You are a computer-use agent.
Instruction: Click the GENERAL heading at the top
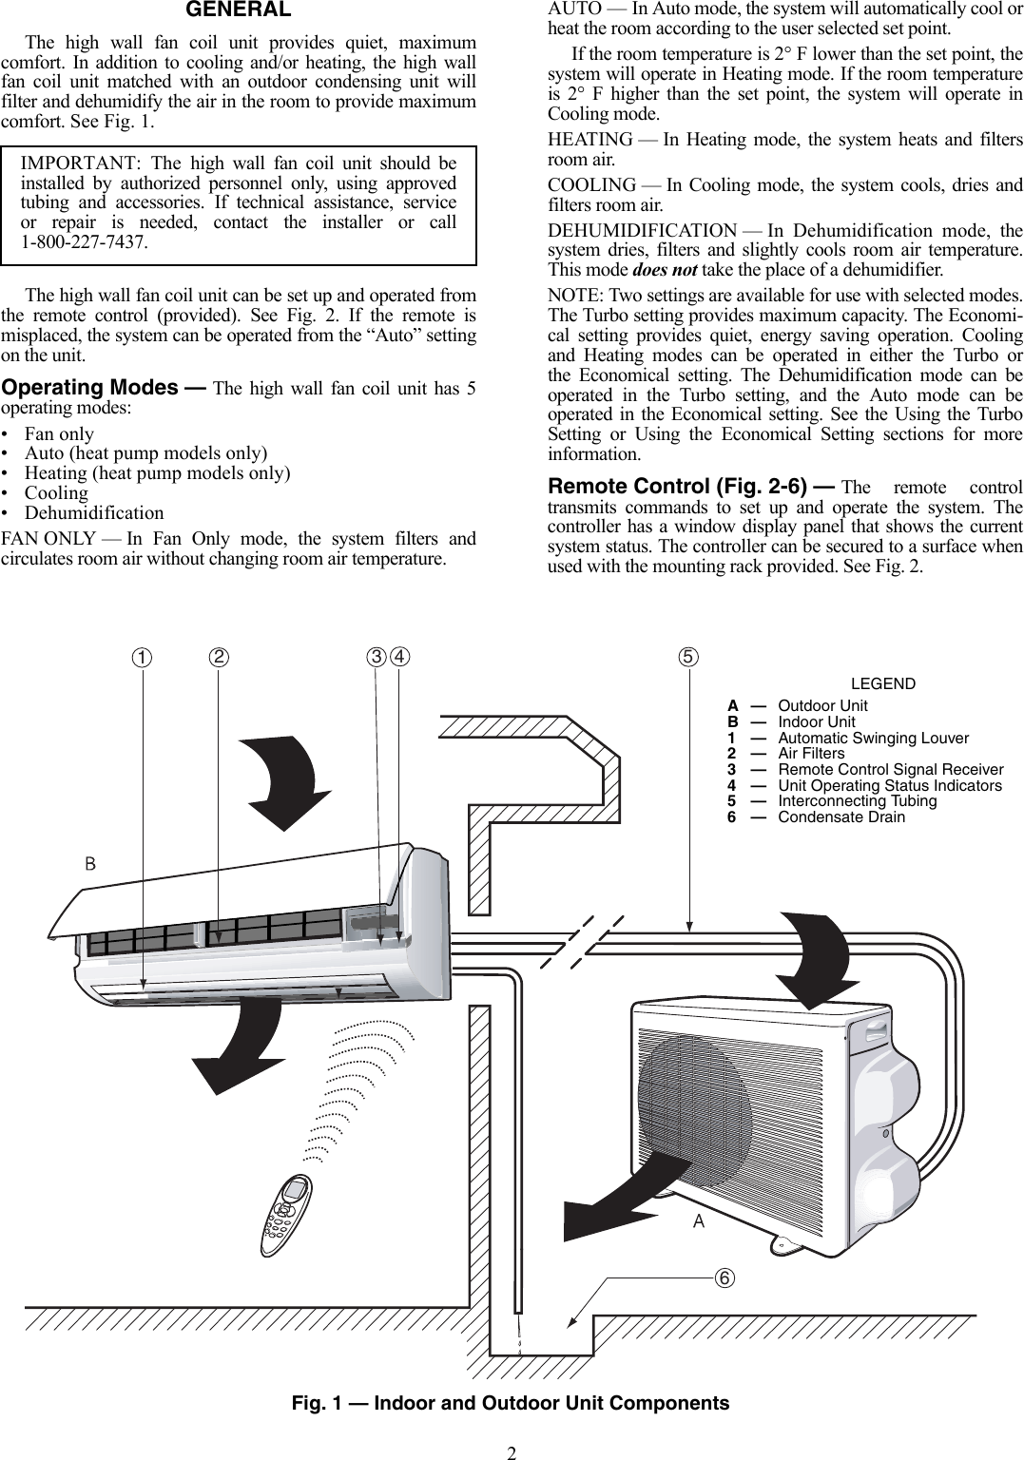tap(238, 10)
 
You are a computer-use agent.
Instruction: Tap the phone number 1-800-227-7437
tap(85, 242)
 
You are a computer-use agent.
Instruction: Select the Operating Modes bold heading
tap(90, 388)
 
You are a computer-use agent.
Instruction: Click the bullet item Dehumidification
tap(93, 513)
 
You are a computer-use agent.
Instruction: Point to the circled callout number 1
tap(142, 658)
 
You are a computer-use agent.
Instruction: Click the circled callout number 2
tap(220, 658)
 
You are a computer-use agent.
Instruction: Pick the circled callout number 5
tap(687, 657)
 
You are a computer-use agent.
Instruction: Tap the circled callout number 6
tap(725, 1277)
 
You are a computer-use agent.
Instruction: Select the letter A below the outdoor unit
tap(699, 1221)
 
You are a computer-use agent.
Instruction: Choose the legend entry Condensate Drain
tap(841, 816)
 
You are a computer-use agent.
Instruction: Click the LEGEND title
tap(882, 683)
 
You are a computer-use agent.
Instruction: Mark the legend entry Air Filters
tap(811, 753)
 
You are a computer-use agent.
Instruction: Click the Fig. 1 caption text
tap(511, 1403)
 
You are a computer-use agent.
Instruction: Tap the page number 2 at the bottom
tap(512, 1451)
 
